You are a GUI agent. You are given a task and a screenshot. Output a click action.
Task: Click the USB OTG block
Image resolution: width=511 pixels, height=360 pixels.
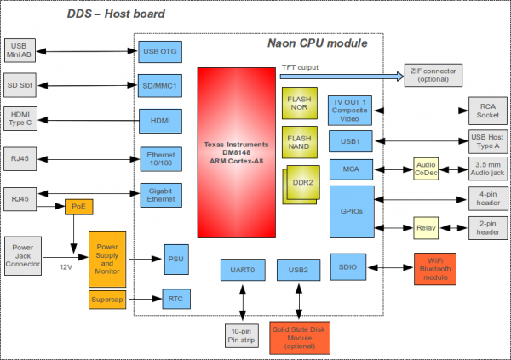click(162, 51)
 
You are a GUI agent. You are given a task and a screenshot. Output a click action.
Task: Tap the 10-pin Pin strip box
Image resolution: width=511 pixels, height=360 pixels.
click(242, 334)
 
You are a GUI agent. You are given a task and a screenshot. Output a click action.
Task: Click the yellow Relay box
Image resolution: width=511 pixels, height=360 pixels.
click(425, 228)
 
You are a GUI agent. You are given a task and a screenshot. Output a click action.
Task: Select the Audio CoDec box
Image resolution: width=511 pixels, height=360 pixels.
click(426, 169)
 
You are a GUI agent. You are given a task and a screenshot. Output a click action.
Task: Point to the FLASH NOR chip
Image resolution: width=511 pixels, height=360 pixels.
click(300, 105)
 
